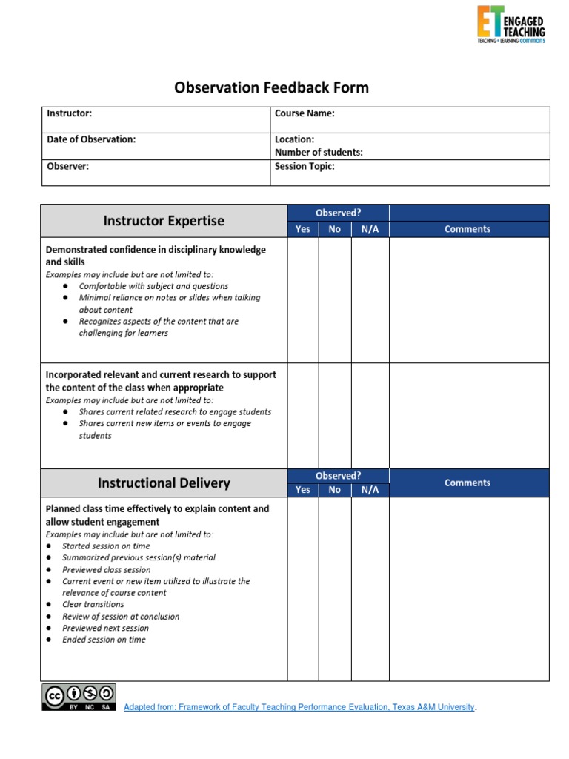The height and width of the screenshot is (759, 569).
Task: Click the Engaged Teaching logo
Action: (x=511, y=24)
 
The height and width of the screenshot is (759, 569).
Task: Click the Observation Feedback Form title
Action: (x=271, y=88)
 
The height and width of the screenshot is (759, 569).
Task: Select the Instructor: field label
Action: (x=70, y=113)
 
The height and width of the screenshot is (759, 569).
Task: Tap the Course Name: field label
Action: (x=305, y=113)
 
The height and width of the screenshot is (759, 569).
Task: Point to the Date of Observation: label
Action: (x=91, y=139)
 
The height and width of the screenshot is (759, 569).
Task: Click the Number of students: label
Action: (x=319, y=152)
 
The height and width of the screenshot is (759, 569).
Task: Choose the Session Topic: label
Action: (x=305, y=166)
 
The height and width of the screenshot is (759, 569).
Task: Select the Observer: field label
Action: (x=68, y=166)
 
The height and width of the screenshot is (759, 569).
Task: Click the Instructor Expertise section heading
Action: (x=164, y=221)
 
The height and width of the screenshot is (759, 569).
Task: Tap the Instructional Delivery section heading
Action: (x=164, y=483)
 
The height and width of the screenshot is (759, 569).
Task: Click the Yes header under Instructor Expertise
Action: (x=303, y=229)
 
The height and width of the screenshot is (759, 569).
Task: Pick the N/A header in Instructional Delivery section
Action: (x=370, y=490)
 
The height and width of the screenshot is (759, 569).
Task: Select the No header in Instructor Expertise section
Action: (x=335, y=229)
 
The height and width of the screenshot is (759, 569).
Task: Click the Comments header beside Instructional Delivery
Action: (x=467, y=483)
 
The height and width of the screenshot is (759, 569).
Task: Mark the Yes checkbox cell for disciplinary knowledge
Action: (x=303, y=299)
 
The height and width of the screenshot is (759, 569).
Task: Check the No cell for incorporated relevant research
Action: (x=335, y=415)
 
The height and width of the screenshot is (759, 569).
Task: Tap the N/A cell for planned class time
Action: (x=370, y=589)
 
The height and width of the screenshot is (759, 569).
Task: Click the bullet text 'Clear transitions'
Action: (x=93, y=604)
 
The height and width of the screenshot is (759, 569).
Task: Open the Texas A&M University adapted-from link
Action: (x=299, y=707)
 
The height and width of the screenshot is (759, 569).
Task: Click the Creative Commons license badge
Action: (x=79, y=697)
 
